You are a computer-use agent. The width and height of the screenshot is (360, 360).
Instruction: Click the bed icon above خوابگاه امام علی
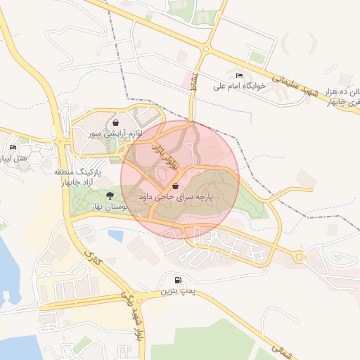[240, 75]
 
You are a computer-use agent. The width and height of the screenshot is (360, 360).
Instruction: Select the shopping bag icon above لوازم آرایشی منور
[115, 123]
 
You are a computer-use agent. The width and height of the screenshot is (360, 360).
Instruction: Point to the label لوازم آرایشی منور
[116, 133]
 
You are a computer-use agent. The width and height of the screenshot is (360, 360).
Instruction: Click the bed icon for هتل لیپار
[13, 148]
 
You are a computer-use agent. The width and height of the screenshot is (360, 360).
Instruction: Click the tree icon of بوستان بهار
[109, 195]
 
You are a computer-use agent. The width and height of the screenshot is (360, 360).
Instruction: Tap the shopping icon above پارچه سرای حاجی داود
[175, 187]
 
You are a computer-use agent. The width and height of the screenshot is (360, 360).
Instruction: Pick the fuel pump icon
[175, 280]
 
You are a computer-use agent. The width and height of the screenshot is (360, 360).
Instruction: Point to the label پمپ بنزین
[175, 290]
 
